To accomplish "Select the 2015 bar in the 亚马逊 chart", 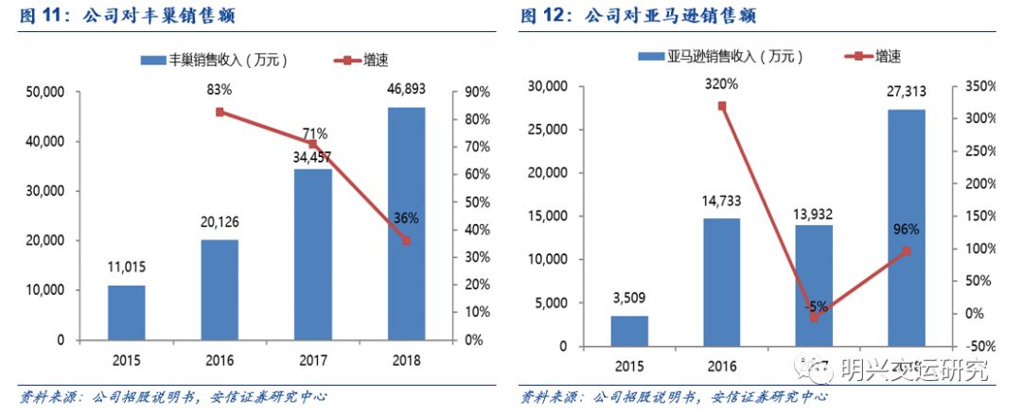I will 629,331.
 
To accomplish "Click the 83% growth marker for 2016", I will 220,112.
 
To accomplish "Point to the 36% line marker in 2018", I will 406,240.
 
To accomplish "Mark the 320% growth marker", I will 722,106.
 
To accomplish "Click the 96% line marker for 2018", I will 906,251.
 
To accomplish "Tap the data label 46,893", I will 406,92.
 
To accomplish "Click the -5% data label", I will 816,305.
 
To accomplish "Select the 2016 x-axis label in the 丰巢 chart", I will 220,360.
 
